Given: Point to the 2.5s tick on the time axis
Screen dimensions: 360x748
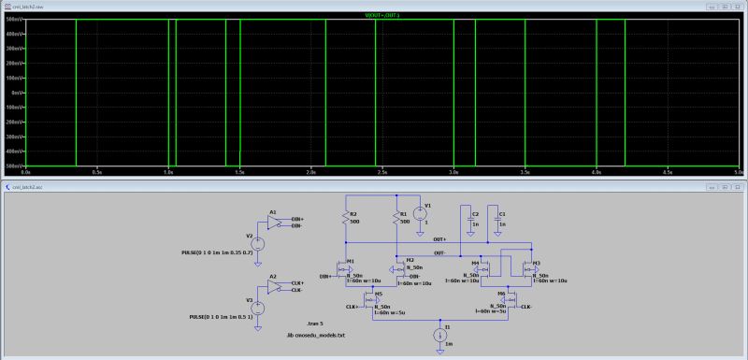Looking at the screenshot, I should click(x=382, y=173).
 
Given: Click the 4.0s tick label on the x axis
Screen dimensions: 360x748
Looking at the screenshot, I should click(x=596, y=173).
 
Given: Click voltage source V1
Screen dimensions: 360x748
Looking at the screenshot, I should click(x=420, y=212).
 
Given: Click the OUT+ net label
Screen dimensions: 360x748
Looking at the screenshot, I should click(x=439, y=240).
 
